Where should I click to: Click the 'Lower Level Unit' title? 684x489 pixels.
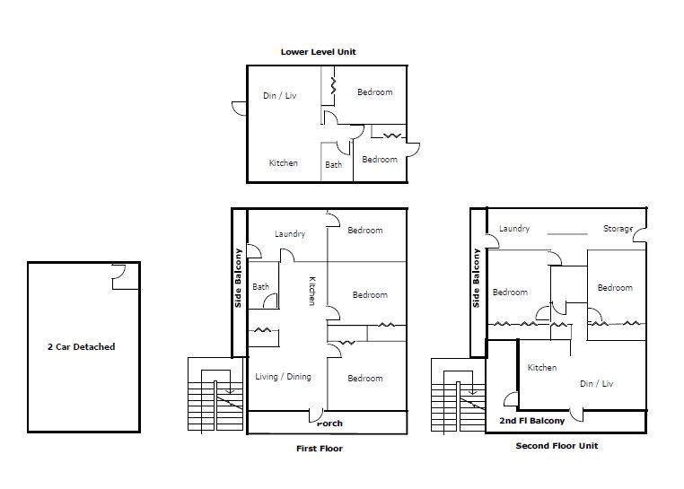point(319,52)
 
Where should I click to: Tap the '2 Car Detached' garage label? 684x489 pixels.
point(81,347)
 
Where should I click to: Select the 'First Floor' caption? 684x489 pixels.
point(320,449)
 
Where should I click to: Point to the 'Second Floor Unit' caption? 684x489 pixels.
point(557,446)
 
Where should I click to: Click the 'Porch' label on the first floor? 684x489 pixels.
point(329,424)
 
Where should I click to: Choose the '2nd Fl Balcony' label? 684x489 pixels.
point(531,421)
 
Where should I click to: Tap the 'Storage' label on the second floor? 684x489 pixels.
point(618,229)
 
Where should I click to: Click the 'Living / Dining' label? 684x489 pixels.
point(283,377)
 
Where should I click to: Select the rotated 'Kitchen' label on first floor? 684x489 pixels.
point(312,291)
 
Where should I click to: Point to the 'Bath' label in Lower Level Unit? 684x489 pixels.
point(333,165)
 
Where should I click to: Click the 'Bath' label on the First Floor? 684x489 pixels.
point(261,287)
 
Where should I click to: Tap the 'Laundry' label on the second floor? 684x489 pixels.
point(514,229)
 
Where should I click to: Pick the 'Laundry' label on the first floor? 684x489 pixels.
point(290,234)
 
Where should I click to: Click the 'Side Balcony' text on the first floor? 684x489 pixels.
point(238,278)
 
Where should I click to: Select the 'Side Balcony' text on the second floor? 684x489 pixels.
point(476,278)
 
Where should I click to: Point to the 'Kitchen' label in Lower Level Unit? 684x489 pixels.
point(283,163)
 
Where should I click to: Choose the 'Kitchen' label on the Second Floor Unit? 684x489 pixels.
point(542,368)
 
